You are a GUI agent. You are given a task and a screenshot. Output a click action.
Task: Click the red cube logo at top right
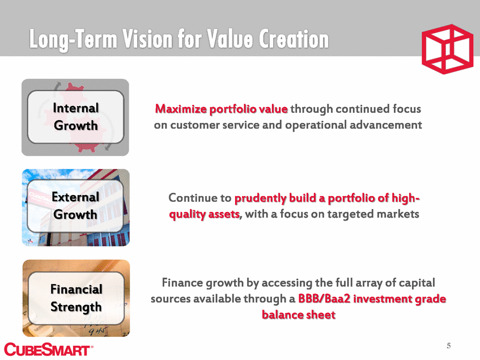447,49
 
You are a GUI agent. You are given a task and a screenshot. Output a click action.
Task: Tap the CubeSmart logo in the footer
48,349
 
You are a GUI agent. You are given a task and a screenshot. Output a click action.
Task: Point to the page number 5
448,346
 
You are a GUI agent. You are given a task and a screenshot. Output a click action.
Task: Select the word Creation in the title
293,39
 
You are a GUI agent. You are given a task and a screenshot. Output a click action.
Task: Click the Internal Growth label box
75,117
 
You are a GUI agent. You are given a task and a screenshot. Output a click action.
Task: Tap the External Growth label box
75,206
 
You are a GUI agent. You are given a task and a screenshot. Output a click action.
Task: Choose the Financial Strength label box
77,298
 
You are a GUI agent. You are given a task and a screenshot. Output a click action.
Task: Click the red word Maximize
181,109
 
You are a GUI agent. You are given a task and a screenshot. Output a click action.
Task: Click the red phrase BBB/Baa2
324,298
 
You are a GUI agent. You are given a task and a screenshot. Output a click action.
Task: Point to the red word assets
224,214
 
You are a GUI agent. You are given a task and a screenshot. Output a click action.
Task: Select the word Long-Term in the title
74,40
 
